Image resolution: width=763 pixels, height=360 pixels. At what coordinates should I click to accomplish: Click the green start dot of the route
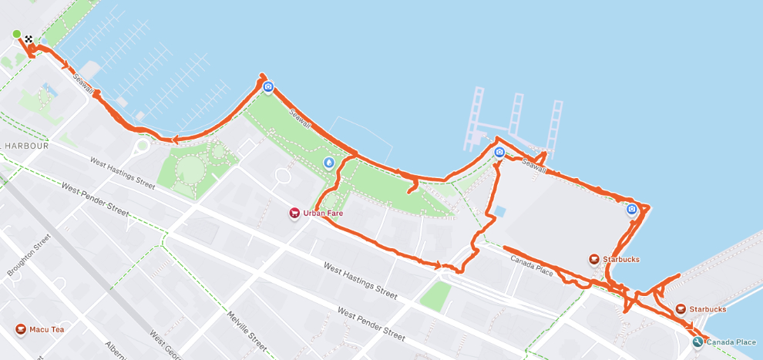[16, 34]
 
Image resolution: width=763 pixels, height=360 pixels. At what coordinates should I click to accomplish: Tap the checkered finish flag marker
[29, 39]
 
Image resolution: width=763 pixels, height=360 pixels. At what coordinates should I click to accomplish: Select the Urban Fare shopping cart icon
[294, 213]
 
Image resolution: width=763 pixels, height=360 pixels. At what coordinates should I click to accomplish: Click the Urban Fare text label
[323, 213]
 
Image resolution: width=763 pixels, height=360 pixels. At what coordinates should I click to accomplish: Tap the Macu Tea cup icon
[21, 331]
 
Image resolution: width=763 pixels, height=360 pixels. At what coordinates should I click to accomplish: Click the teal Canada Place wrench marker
[697, 341]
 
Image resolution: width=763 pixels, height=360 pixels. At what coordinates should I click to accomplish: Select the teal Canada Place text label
[731, 341]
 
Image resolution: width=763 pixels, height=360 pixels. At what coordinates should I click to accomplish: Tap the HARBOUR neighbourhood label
[25, 146]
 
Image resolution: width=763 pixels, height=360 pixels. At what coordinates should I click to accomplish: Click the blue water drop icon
[329, 163]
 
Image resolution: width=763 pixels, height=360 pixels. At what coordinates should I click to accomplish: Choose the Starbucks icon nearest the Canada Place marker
[680, 309]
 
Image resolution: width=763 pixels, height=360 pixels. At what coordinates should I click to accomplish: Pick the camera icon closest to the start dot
[267, 87]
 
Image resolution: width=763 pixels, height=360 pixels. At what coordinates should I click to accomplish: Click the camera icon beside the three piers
[499, 153]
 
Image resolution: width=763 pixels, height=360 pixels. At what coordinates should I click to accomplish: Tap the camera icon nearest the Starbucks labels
[631, 209]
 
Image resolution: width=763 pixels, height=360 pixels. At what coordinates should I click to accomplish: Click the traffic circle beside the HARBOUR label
[141, 146]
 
